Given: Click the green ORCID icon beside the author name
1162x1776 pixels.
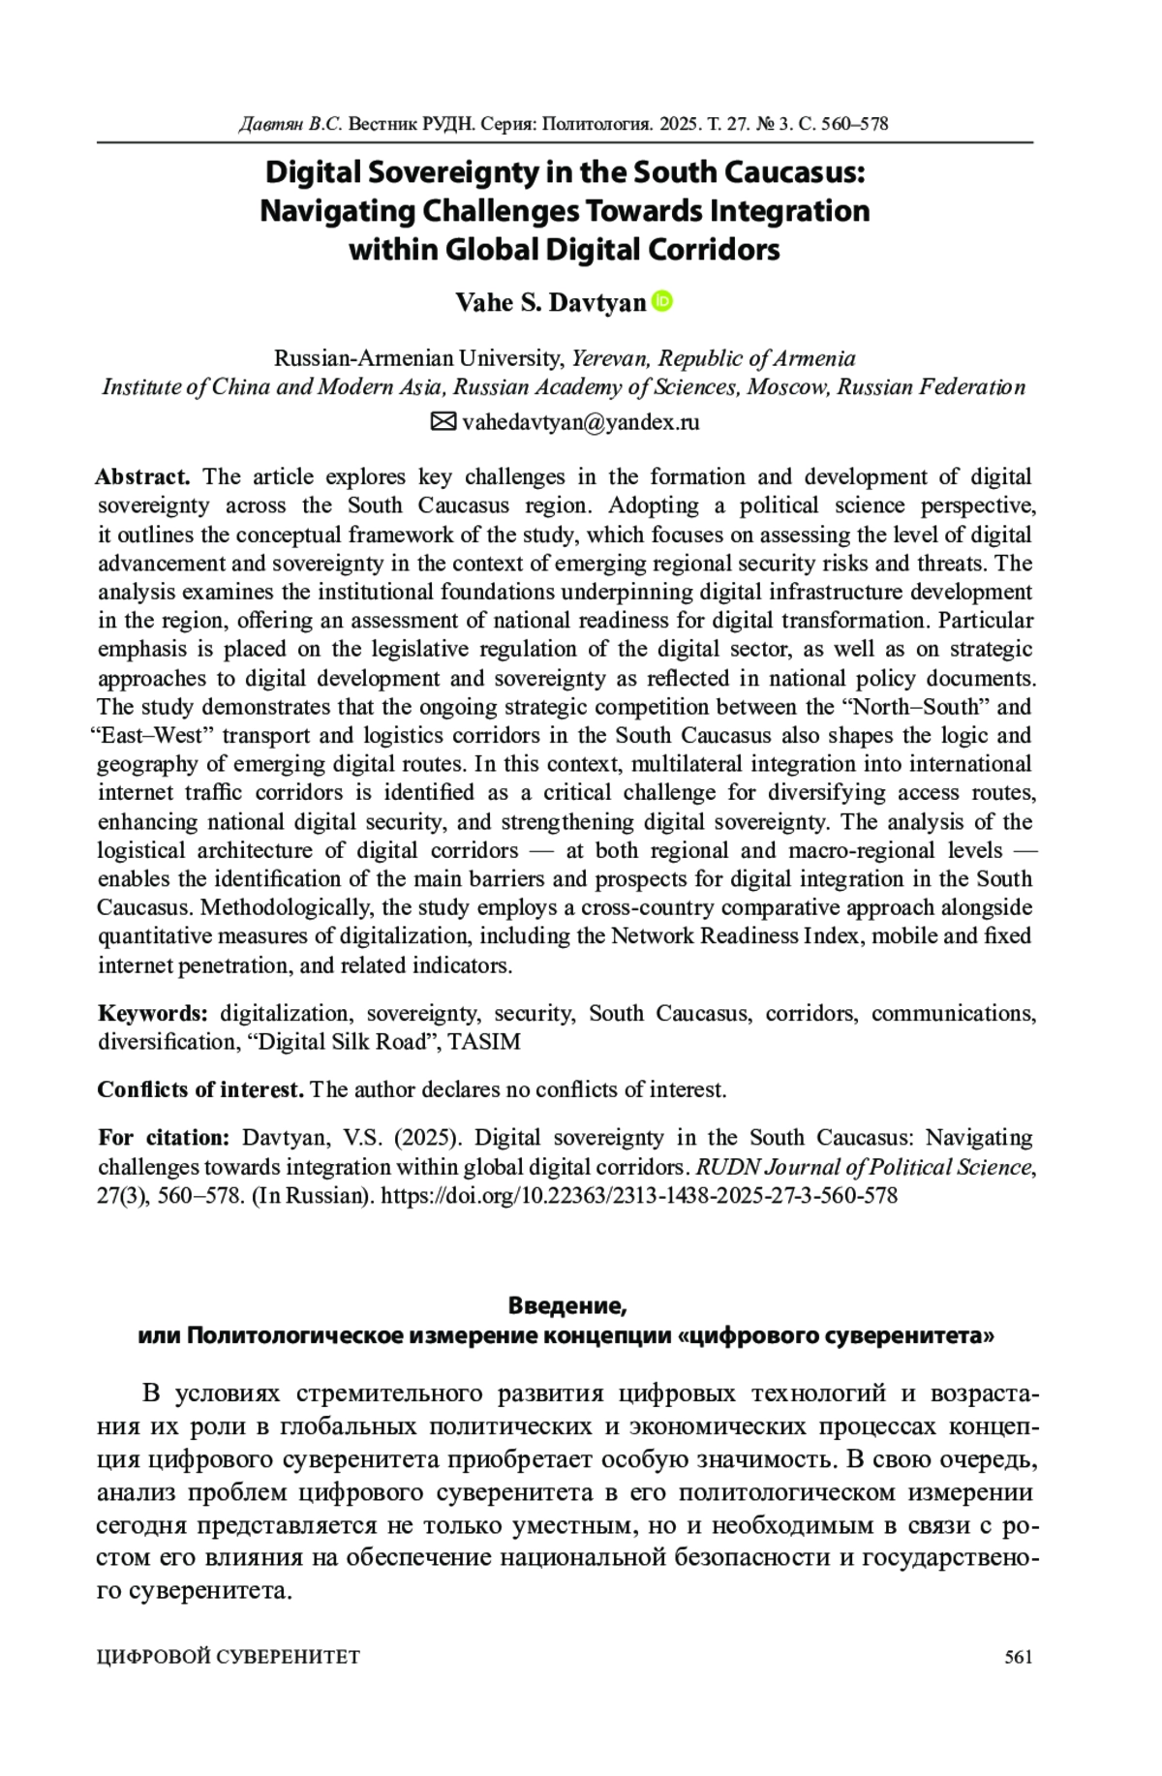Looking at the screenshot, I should pyautogui.click(x=663, y=301).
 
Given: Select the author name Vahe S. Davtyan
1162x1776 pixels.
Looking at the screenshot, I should pyautogui.click(x=550, y=303).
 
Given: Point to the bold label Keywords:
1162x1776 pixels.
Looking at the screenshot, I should pyautogui.click(x=153, y=1014).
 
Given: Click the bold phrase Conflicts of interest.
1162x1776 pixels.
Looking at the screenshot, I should pyautogui.click(x=200, y=1089).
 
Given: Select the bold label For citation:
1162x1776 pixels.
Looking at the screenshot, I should pyautogui.click(x=164, y=1138).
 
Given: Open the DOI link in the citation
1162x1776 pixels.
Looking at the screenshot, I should pyautogui.click(x=639, y=1195).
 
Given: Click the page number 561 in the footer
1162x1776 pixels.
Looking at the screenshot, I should pyautogui.click(x=1019, y=1657).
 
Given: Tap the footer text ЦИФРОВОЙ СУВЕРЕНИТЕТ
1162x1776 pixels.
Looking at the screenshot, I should pyautogui.click(x=229, y=1657).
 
